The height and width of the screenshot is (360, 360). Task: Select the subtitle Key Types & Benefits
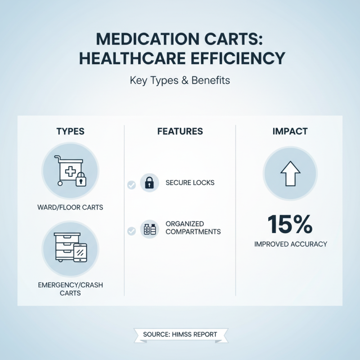(x=180, y=81)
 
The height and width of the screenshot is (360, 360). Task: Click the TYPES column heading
(x=70, y=131)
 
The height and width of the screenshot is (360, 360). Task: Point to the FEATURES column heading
(x=180, y=131)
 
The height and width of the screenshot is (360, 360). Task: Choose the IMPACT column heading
(x=290, y=131)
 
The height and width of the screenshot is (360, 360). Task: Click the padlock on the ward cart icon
(x=81, y=180)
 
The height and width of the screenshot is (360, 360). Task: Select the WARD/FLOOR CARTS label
(x=70, y=207)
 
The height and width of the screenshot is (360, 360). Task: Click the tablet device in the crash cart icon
(x=80, y=252)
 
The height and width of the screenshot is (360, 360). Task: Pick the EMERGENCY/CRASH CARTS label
(x=70, y=289)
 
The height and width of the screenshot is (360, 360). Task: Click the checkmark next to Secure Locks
(x=131, y=184)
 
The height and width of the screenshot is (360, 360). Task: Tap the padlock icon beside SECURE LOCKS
(x=149, y=183)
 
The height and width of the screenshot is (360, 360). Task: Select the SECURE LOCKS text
(x=190, y=183)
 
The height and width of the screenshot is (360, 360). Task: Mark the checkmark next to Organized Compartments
(x=131, y=231)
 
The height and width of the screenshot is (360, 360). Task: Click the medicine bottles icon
(x=149, y=229)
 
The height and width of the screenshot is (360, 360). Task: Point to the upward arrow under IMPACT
(x=290, y=173)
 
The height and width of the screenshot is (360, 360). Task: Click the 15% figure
(x=290, y=224)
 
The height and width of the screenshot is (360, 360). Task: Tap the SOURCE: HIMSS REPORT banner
(x=180, y=334)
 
